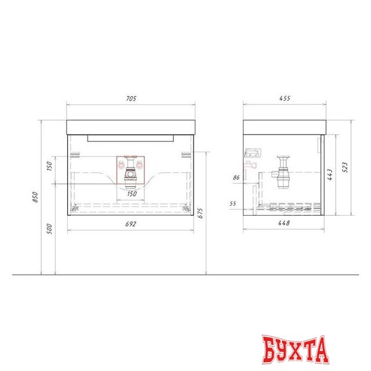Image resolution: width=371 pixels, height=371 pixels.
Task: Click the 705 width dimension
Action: pos(131,99)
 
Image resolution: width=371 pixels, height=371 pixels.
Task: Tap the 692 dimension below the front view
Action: pos(130,224)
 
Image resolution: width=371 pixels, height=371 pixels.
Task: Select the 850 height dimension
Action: pos(35,197)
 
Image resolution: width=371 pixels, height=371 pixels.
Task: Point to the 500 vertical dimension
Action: pos(49,229)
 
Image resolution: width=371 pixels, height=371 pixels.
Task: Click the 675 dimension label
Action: pos(200,213)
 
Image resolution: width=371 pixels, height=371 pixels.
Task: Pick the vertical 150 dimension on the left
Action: pos(49,166)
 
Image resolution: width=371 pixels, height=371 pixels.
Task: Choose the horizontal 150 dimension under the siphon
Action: pos(132,194)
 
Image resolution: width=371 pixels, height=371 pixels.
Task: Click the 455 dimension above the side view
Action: pos(285,98)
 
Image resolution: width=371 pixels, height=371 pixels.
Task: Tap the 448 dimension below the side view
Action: pos(284,223)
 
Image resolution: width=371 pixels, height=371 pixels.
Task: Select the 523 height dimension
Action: pos(345,167)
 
